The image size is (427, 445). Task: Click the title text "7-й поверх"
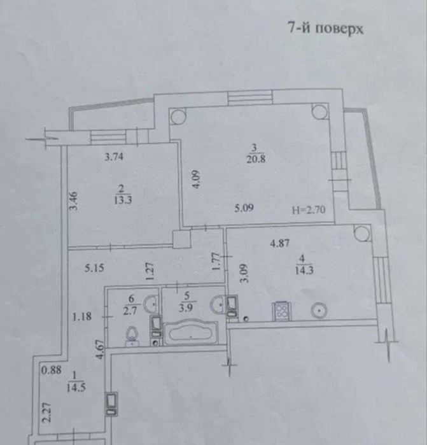325,29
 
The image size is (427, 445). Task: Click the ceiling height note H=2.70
307,208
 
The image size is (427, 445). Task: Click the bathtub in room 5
192,332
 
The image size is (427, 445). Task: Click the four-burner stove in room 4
282,310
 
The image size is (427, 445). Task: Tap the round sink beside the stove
319,310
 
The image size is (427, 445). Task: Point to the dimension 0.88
50,370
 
